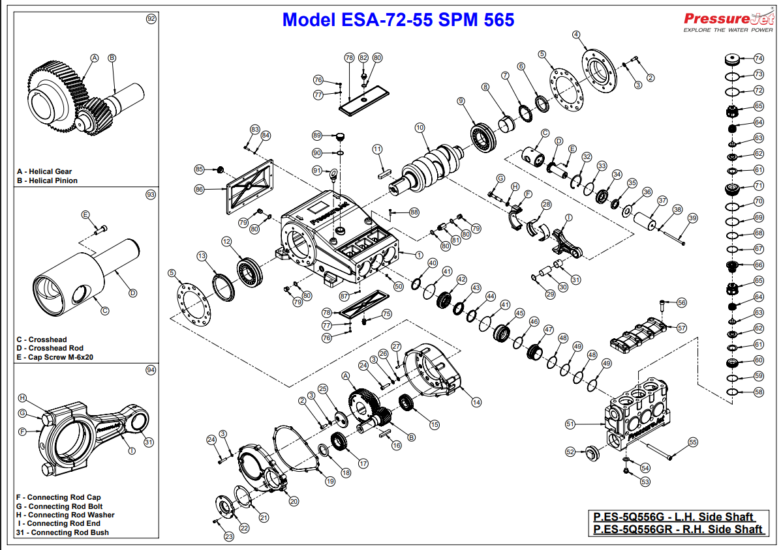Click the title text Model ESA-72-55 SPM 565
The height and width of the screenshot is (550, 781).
pyautogui.click(x=398, y=20)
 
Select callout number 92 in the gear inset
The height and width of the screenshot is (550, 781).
pyautogui.click(x=151, y=19)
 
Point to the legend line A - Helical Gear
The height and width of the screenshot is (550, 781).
pyautogui.click(x=44, y=171)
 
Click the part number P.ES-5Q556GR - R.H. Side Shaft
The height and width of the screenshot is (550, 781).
pyautogui.click(x=678, y=529)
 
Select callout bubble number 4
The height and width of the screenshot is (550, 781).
pyautogui.click(x=576, y=35)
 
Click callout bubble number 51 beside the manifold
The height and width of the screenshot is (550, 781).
pyautogui.click(x=570, y=424)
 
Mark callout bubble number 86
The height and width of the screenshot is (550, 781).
pyautogui.click(x=200, y=190)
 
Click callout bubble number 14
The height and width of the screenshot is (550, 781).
pyautogui.click(x=476, y=402)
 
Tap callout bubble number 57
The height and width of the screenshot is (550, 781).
pyautogui.click(x=682, y=328)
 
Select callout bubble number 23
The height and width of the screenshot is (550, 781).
pyautogui.click(x=228, y=537)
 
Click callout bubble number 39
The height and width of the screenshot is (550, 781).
pyautogui.click(x=692, y=218)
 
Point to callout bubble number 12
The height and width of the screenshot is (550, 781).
pyautogui.click(x=226, y=242)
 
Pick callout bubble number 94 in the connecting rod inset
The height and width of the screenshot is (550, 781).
pyautogui.click(x=151, y=369)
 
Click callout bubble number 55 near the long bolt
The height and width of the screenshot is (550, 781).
pyautogui.click(x=693, y=442)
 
